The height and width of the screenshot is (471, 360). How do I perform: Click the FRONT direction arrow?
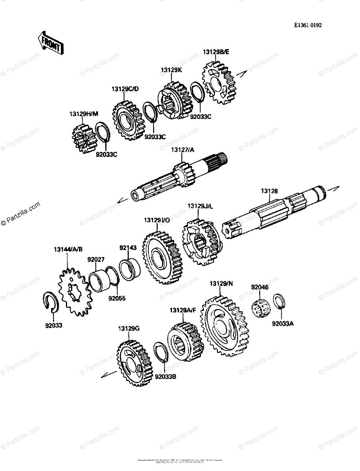coord(50,42)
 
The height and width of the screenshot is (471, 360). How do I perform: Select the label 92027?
coord(95,259)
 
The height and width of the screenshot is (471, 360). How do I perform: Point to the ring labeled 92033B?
coord(161,354)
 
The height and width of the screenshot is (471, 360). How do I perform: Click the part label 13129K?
coord(171,70)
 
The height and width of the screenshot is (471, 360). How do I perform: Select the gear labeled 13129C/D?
coord(128,120)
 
